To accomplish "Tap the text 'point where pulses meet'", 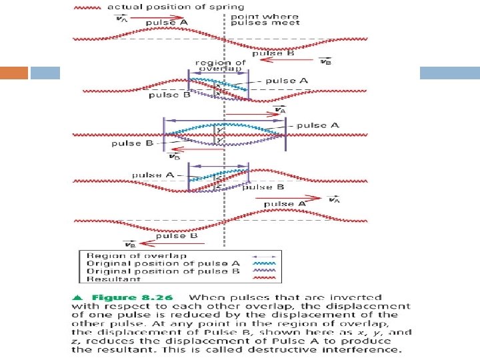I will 257,18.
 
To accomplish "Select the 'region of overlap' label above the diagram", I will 220,66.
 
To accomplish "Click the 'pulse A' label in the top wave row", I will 167,22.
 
